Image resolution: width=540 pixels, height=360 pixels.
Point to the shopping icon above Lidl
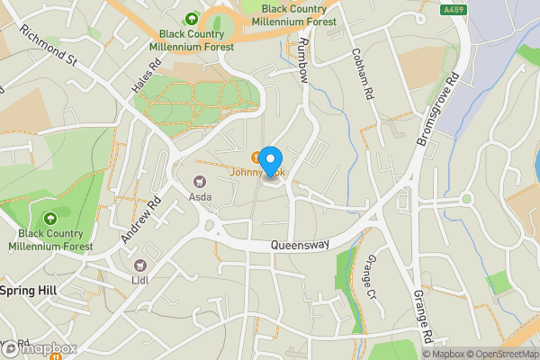point(140,265)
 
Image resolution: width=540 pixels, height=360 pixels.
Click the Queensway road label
point(301,245)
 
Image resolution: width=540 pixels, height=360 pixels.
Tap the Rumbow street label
point(302,61)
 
